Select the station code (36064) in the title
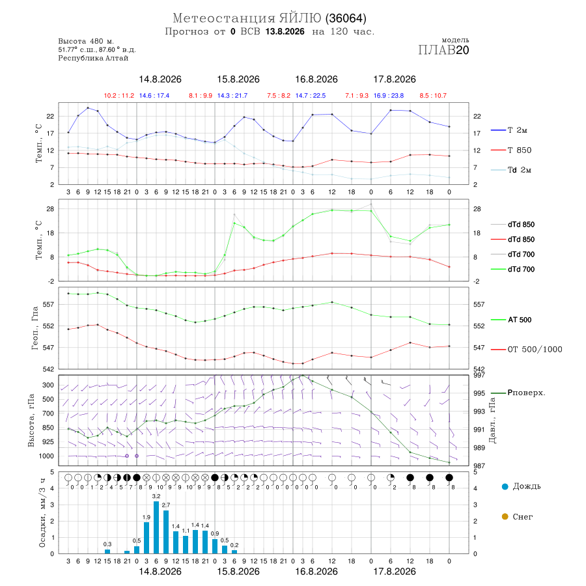[x=346, y=18]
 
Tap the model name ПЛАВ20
[x=443, y=50]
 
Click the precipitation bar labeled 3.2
[x=156, y=527]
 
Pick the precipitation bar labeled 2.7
[x=166, y=532]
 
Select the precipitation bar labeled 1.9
[x=146, y=538]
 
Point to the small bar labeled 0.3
[x=107, y=551]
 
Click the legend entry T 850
[x=511, y=150]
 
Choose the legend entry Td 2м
[x=511, y=170]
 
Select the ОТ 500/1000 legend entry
[x=526, y=350]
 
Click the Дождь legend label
[x=527, y=486]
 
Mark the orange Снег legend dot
[x=505, y=516]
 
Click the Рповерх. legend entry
[x=518, y=393]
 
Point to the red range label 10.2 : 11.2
[x=119, y=96]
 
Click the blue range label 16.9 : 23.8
[x=389, y=96]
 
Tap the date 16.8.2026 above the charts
[x=316, y=79]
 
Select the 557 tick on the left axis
[x=49, y=305]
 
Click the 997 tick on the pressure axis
[x=479, y=375]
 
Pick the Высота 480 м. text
[x=86, y=41]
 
